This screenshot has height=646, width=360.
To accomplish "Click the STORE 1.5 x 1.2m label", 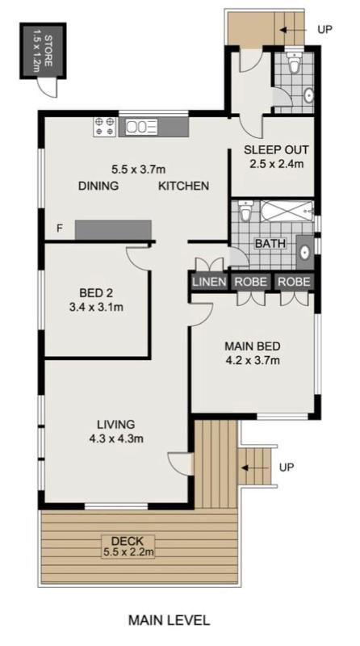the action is click(x=43, y=50).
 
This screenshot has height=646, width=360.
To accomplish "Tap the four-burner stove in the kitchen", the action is click(x=104, y=127).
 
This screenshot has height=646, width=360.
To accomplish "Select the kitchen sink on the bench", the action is click(x=142, y=127).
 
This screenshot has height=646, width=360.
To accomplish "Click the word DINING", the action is click(x=98, y=186).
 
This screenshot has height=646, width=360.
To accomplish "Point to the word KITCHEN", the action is click(x=184, y=186).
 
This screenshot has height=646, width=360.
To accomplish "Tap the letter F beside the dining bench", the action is click(x=60, y=229).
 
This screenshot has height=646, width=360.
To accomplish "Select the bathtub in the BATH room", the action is click(x=287, y=212).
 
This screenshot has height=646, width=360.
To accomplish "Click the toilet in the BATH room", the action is click(x=245, y=211).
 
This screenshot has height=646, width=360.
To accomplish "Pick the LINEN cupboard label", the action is click(x=209, y=282).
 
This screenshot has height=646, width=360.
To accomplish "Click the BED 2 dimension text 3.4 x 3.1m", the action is click(x=96, y=307).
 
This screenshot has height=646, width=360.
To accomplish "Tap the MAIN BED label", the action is click(x=253, y=346).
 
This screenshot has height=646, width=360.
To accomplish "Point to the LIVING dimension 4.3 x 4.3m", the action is click(x=116, y=439).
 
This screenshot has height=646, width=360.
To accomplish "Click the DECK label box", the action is click(x=128, y=547).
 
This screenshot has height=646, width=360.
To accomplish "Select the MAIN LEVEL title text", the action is click(x=169, y=620).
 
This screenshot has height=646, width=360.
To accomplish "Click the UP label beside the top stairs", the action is click(x=324, y=29).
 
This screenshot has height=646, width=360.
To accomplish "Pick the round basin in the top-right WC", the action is click(x=308, y=95).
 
